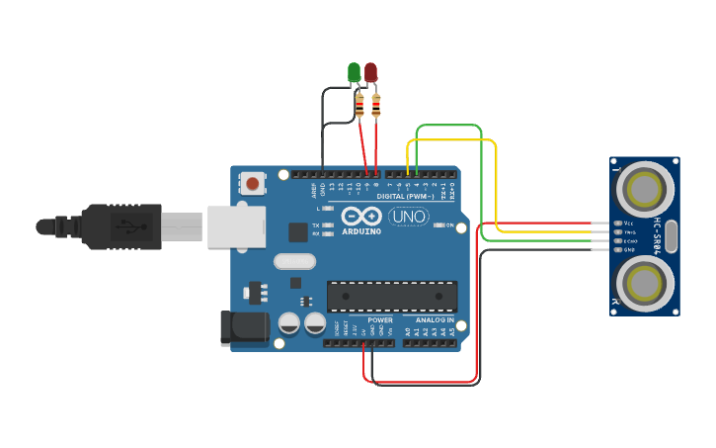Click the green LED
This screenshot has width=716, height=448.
pyautogui.click(x=354, y=72)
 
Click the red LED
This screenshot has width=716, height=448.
pyautogui.click(x=370, y=72)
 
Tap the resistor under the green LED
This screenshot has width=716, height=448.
pyautogui.click(x=359, y=105)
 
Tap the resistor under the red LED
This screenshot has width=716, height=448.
pyautogui.click(x=376, y=105)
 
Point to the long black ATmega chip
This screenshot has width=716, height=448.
pyautogui.click(x=392, y=295)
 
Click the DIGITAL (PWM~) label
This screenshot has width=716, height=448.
pyautogui.click(x=405, y=196)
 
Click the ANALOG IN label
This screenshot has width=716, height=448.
pyautogui.click(x=435, y=320)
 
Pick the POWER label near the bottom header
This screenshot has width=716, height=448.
pyautogui.click(x=380, y=320)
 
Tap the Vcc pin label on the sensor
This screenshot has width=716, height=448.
pyautogui.click(x=629, y=224)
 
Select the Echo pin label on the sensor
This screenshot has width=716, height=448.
pyautogui.click(x=630, y=240)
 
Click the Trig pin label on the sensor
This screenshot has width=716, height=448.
pyautogui.click(x=630, y=232)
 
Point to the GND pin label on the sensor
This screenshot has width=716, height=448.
pyautogui.click(x=630, y=249)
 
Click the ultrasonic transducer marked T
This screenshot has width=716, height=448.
pyautogui.click(x=646, y=187)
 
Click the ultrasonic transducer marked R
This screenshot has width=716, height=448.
pyautogui.click(x=646, y=284)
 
